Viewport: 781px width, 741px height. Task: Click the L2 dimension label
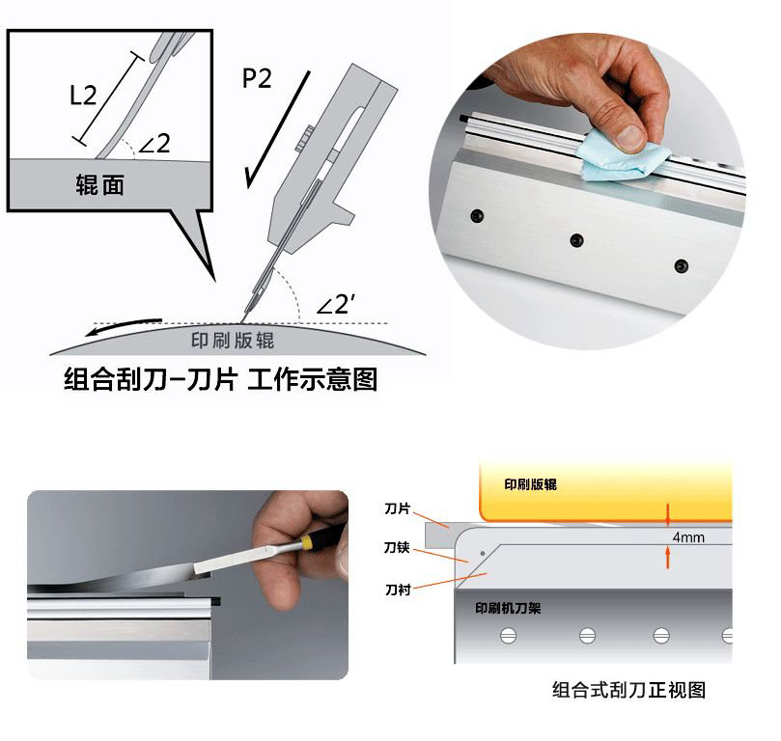pos(83,95)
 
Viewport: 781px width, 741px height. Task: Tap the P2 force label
pos(257,78)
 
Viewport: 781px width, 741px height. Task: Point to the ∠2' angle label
pos(336,304)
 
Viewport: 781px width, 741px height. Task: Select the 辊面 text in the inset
pos(99,184)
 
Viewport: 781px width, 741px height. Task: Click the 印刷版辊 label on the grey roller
pos(233,341)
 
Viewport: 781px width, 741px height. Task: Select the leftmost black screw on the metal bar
pos(477,216)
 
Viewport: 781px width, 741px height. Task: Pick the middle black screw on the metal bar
pos(576,241)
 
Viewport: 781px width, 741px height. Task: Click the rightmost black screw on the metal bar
pos(681,265)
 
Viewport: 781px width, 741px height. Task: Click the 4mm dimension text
pos(688,537)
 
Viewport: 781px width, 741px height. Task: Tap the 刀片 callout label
pos(397,508)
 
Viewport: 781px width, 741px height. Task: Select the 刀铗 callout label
pos(397,547)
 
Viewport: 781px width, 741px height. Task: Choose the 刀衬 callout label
pos(398,590)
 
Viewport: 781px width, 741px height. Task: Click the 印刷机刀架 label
pos(508,608)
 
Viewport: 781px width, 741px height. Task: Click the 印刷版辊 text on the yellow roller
pos(530,484)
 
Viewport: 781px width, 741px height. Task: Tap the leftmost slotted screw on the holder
pos(508,636)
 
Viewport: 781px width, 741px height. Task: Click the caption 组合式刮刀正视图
pos(628,690)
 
